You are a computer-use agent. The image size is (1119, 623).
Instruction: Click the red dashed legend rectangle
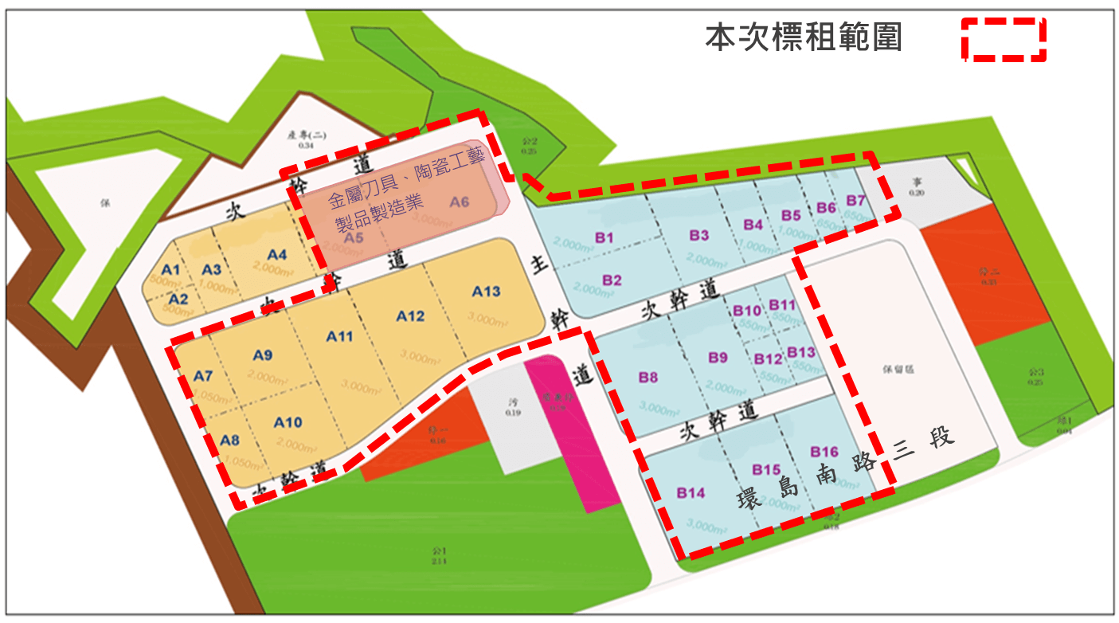point(1004,39)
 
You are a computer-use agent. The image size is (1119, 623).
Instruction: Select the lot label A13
point(486,292)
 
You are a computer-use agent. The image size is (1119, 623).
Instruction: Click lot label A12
point(410,316)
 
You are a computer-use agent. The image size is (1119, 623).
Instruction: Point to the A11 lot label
point(340,336)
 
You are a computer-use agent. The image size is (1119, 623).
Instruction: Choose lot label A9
point(263,355)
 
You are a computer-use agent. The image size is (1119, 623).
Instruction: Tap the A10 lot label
point(288,422)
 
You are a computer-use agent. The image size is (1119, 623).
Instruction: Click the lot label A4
point(276,255)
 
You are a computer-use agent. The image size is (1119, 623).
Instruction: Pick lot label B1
point(604,237)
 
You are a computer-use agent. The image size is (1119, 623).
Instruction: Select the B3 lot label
point(699,236)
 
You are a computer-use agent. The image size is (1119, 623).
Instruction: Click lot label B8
point(648,378)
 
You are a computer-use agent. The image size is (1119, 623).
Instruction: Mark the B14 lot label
point(691,493)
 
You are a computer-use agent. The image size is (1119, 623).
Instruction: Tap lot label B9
point(718,359)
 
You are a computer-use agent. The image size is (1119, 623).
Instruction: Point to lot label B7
point(855,199)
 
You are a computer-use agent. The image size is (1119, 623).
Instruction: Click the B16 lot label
point(824,453)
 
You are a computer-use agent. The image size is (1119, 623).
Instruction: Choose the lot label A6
point(459,202)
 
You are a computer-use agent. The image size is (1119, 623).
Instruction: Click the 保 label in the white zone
point(104,202)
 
